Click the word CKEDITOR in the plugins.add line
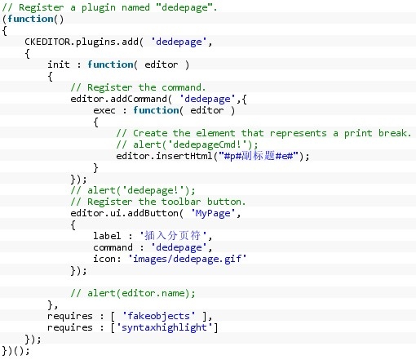47,42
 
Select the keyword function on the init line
110,64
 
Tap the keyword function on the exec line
156,110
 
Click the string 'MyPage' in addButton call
213,213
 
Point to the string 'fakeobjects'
158,316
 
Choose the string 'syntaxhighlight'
164,327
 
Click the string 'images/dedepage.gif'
188,259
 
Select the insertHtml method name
184,156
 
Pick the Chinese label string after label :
173,236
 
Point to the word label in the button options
107,236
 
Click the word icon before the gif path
104,259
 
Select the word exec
104,110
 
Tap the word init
59,64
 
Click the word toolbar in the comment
181,202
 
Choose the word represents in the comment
298,133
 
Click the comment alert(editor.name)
133,293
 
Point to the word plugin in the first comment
99,7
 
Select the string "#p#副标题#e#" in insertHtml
259,156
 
